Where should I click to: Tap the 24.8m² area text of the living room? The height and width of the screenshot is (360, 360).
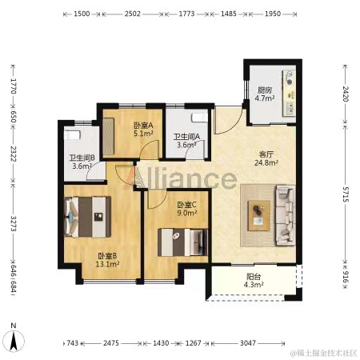click(266, 162)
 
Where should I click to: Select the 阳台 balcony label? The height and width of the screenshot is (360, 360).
click(254, 277)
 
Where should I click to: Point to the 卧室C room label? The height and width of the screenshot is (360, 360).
click(187, 205)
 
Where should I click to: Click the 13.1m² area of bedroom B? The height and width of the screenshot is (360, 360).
click(107, 264)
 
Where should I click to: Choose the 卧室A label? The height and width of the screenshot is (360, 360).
click(143, 125)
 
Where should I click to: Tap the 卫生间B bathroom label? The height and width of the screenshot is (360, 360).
click(82, 158)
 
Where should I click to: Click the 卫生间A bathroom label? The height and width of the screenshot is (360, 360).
click(186, 137)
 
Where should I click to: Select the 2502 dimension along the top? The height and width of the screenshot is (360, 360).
click(133, 14)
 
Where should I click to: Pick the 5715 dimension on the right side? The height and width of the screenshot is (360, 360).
click(346, 194)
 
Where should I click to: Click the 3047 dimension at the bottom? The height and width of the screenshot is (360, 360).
click(248, 343)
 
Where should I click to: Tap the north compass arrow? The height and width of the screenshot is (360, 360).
click(14, 340)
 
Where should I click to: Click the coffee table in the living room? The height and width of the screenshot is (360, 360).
click(258, 216)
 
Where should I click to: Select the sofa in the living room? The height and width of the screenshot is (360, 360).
click(285, 215)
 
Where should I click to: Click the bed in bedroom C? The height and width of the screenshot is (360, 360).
click(182, 242)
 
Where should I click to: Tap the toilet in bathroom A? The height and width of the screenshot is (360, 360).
click(199, 118)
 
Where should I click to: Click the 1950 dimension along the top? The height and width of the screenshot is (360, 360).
click(273, 14)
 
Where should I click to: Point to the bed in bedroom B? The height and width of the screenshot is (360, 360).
click(87, 217)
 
